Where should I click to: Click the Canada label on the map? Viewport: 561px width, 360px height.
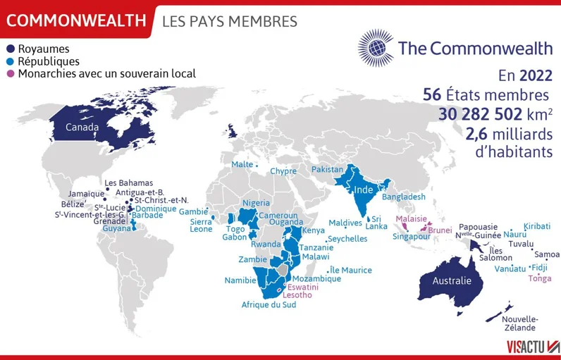(82, 128)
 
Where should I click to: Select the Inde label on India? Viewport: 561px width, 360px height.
(364, 190)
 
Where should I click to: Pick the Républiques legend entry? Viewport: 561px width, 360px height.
(48, 61)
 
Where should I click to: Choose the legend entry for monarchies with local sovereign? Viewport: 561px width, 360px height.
(106, 73)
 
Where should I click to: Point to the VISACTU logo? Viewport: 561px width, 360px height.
(532, 346)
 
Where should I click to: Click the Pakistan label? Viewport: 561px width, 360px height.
(327, 170)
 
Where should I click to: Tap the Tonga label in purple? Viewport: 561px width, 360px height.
(540, 278)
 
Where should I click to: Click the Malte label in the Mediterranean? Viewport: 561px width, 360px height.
(242, 164)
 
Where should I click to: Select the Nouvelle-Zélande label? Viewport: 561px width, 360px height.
(519, 323)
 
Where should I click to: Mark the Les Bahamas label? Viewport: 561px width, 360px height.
(128, 182)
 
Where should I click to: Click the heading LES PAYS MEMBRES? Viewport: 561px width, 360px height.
(230, 22)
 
